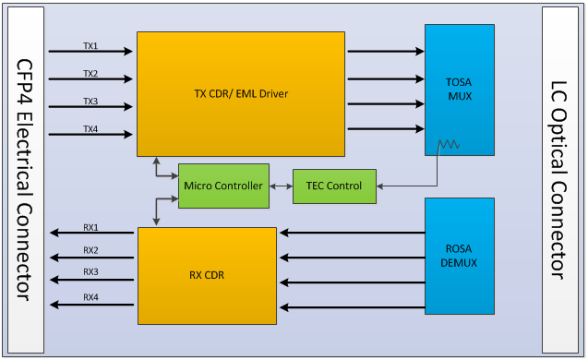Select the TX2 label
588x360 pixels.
point(90,73)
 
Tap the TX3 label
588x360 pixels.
point(90,102)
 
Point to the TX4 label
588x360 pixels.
point(90,128)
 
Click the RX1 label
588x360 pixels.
point(90,227)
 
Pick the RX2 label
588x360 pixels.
point(90,250)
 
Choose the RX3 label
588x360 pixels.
point(90,273)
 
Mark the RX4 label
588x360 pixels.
point(90,297)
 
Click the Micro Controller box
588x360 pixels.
point(223,186)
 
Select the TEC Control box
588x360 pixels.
point(333,186)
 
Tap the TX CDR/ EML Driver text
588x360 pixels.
point(241,93)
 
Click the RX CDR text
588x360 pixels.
point(207,274)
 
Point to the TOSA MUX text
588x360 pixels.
point(459,88)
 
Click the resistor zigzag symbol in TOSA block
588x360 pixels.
point(450,145)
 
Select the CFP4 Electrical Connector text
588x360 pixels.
point(25,180)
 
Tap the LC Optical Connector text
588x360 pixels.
point(559,180)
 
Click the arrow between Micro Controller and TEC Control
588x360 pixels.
point(281,186)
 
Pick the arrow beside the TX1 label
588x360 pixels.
point(90,52)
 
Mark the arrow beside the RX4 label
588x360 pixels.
point(90,305)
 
